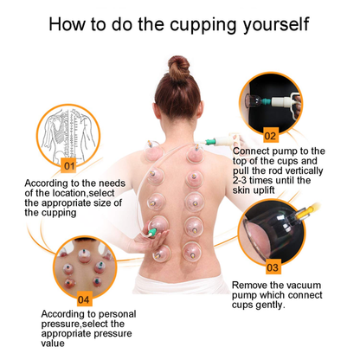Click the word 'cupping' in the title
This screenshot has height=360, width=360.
210,23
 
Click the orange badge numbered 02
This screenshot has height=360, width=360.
270,136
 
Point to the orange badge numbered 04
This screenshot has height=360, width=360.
84,300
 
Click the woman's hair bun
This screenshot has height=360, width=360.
179,67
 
